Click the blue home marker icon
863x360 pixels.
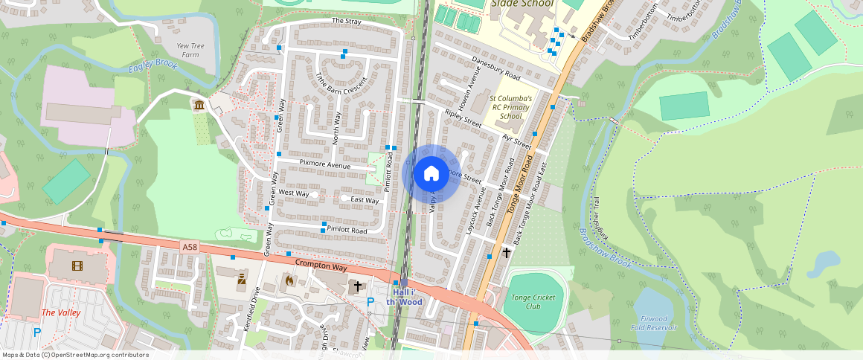431,174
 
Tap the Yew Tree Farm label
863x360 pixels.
188,50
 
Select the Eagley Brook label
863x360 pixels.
153,66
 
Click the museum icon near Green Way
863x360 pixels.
199,106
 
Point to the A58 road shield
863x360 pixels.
190,245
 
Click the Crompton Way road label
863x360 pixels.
321,266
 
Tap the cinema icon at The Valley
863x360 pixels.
77,265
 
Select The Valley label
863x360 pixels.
60,312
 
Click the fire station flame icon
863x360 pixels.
289,280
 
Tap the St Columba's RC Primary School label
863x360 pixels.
510,107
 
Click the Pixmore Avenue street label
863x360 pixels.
324,164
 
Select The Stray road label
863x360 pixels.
346,21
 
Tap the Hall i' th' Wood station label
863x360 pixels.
404,298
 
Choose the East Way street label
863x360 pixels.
365,199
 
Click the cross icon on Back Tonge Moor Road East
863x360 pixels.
507,253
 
